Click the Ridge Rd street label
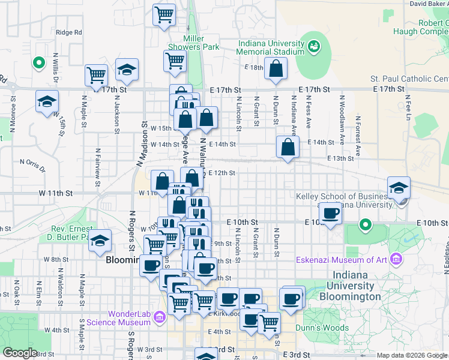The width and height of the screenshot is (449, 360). pyautogui.click(x=68, y=32)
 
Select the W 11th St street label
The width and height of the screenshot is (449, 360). pyautogui.click(x=56, y=193)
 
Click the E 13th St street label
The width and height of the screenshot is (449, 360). pyautogui.click(x=340, y=158)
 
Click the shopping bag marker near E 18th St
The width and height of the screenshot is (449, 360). pyautogui.click(x=276, y=69)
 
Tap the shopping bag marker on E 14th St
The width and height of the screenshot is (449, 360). pyautogui.click(x=288, y=146)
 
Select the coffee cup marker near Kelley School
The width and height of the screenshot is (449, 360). pyautogui.click(x=330, y=212)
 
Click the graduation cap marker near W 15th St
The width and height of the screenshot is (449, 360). pyautogui.click(x=47, y=102)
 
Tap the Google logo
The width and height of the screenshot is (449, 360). pyautogui.click(x=20, y=353)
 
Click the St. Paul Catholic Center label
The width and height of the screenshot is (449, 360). pyautogui.click(x=409, y=79)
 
